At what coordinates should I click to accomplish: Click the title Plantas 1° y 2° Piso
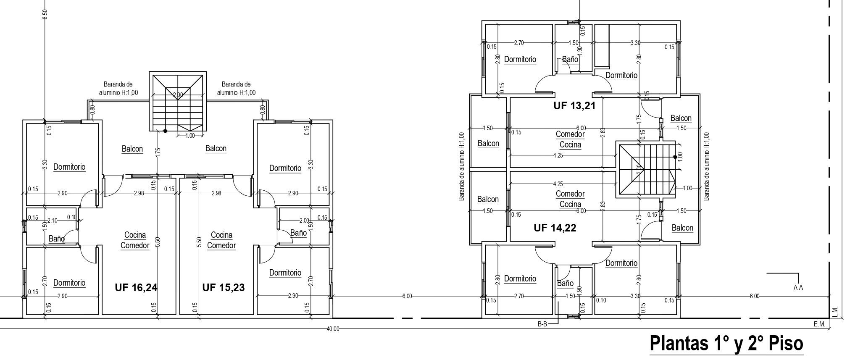pyautogui.click(x=726, y=343)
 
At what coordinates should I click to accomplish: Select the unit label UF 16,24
pyautogui.click(x=136, y=287)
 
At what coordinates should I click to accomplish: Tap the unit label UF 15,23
pyautogui.click(x=224, y=287)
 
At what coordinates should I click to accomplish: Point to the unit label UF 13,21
pyautogui.click(x=574, y=105)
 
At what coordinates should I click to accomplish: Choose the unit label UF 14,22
pyautogui.click(x=555, y=228)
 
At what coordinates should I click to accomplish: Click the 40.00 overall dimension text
pyautogui.click(x=333, y=329)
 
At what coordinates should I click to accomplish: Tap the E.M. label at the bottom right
pyautogui.click(x=819, y=324)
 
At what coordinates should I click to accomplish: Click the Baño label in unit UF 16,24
pyautogui.click(x=57, y=239)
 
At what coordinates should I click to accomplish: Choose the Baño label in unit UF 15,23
pyautogui.click(x=298, y=232)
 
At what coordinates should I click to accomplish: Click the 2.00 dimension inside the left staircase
pyautogui.click(x=178, y=95)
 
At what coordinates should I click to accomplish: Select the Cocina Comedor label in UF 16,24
pyautogui.click(x=135, y=240)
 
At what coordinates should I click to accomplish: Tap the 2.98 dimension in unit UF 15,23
pyautogui.click(x=216, y=193)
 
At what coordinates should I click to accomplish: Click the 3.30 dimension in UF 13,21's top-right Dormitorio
pyautogui.click(x=636, y=43)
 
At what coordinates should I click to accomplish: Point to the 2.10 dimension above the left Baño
pyautogui.click(x=53, y=221)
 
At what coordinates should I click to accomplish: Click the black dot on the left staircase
pyautogui.click(x=166, y=131)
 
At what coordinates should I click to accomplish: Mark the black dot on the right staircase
pyautogui.click(x=675, y=157)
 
